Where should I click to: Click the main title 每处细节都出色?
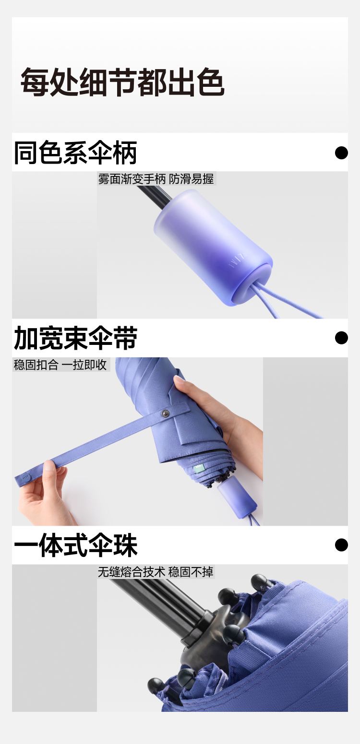click(122, 82)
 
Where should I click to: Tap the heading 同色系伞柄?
click(75, 153)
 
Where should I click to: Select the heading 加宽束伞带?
click(75, 338)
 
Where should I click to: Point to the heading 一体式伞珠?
click(75, 545)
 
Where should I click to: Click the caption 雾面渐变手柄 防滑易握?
click(156, 179)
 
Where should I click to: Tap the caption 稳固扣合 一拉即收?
click(60, 365)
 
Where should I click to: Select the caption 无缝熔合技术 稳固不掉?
click(156, 572)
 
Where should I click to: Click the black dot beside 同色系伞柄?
click(341, 153)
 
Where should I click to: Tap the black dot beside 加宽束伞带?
click(341, 338)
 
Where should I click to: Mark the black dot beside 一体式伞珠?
click(341, 545)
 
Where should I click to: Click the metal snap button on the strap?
click(165, 413)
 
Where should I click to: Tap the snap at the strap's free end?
click(25, 478)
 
